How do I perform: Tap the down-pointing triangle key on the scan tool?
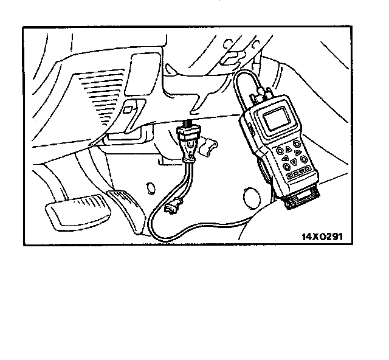click(x=293, y=162)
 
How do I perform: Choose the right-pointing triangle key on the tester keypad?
click(x=298, y=153)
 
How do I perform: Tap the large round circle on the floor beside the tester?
click(x=249, y=195)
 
